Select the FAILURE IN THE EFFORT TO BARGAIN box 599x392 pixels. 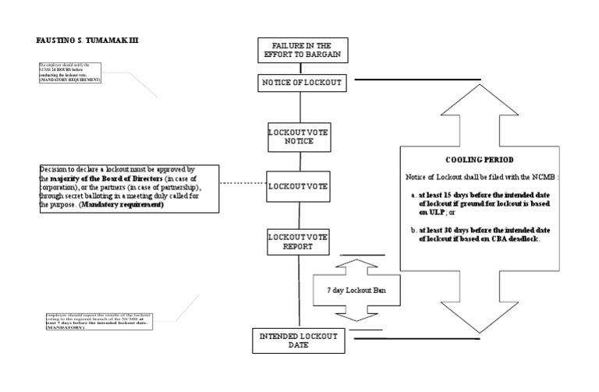299,50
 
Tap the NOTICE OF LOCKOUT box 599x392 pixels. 299,83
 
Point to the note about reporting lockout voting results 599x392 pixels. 99,321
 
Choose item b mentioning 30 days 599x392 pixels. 485,233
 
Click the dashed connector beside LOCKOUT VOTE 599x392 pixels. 243,185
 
